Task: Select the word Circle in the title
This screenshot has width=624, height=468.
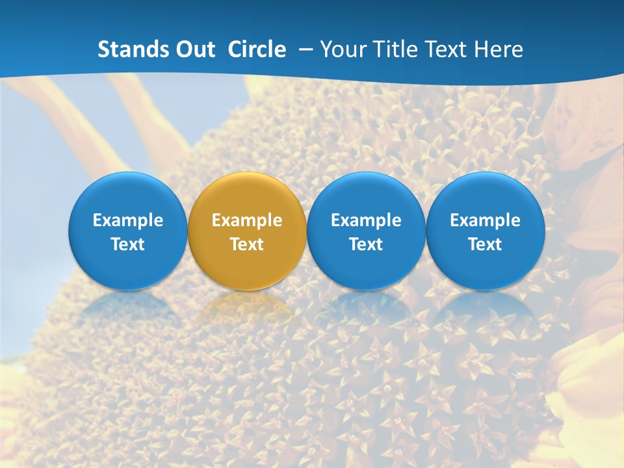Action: pyautogui.click(x=257, y=49)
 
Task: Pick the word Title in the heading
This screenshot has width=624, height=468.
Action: pyautogui.click(x=396, y=49)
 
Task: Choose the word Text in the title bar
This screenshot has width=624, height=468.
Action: pyautogui.click(x=448, y=49)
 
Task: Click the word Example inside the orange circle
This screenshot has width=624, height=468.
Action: pyautogui.click(x=247, y=220)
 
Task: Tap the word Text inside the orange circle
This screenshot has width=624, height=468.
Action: pyautogui.click(x=247, y=244)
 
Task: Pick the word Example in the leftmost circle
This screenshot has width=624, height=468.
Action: pyautogui.click(x=128, y=220)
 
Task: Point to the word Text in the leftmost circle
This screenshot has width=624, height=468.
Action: pyautogui.click(x=128, y=244)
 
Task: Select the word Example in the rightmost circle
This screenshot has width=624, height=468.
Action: pyautogui.click(x=485, y=220)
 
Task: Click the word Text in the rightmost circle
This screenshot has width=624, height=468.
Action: pyautogui.click(x=485, y=244)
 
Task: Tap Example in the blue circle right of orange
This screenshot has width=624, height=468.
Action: pyautogui.click(x=366, y=220)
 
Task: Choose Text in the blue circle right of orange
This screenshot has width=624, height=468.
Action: pyautogui.click(x=366, y=244)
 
